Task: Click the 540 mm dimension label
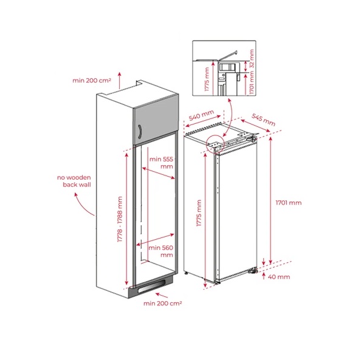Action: [201, 115]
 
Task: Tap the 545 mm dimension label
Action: [264, 120]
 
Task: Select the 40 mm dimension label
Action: [279, 277]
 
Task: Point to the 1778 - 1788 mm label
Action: [120, 219]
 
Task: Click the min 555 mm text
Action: [162, 163]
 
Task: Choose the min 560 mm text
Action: [161, 251]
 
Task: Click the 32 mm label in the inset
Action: [252, 58]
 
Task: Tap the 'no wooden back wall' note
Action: [74, 181]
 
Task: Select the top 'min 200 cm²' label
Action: [92, 81]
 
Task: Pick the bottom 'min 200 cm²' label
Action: [162, 303]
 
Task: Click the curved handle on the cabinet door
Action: [140, 132]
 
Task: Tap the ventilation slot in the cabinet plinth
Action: [151, 286]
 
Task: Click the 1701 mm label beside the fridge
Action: [289, 203]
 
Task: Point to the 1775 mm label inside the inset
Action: [207, 79]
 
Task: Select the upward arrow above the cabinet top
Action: [120, 81]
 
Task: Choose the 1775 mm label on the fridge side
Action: [199, 213]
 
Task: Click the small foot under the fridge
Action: [186, 273]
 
